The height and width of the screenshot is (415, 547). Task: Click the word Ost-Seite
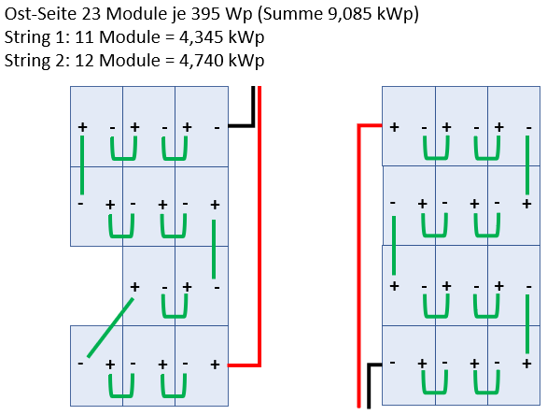point(41,14)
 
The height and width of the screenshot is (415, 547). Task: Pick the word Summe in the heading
point(293,14)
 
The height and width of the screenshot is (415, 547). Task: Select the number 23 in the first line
point(91,14)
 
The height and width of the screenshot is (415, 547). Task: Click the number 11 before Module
point(84,37)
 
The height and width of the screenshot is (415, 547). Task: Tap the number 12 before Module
point(84,60)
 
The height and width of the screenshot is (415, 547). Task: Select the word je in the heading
point(178,15)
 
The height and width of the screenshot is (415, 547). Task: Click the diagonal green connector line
point(110,327)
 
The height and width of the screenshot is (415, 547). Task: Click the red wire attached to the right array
point(358,246)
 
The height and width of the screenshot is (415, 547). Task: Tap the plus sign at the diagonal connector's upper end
point(134,287)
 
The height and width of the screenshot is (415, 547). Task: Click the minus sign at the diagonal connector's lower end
point(80,364)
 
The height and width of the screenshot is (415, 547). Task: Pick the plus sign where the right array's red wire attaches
point(394,127)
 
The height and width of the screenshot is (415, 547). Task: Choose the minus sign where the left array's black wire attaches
point(217,128)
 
